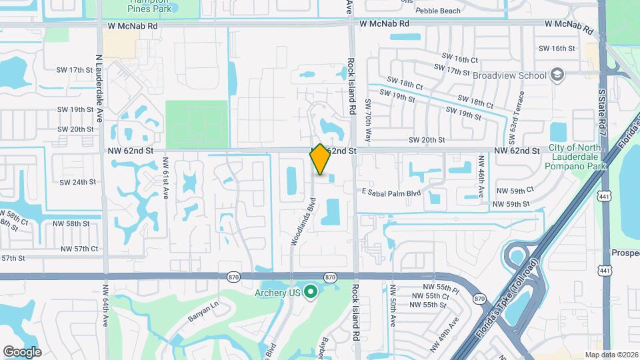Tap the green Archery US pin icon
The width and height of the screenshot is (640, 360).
[310, 291]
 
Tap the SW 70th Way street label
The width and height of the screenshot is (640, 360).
[368, 119]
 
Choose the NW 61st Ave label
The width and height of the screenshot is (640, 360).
[165, 179]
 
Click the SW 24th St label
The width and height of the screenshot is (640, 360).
[78, 182]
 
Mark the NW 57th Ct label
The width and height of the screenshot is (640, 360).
[79, 249]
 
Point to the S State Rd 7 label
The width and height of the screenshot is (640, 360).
[601, 111]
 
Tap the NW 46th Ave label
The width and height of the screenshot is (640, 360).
[481, 177]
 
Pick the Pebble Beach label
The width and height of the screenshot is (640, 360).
[438, 11]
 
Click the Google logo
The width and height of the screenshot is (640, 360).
[22, 352]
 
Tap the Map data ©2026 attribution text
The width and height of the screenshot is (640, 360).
[611, 355]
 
